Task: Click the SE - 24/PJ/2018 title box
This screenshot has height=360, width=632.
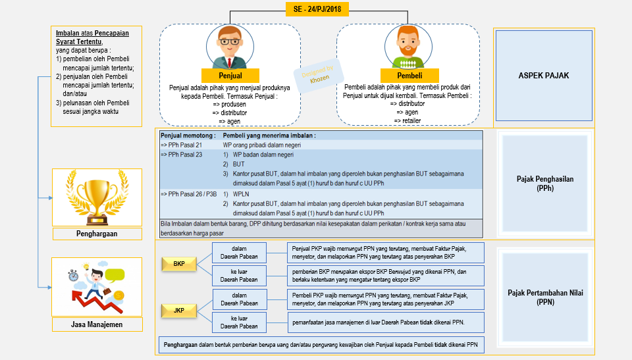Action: pos(318,9)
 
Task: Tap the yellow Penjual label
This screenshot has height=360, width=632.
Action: pos(230,76)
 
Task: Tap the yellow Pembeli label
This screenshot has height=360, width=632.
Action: pos(408,76)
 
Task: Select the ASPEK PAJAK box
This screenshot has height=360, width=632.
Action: pos(543,76)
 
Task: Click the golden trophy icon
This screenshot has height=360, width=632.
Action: pos(97,197)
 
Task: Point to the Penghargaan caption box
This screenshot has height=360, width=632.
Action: pos(97,234)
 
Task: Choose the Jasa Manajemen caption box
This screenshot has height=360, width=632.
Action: pos(97,324)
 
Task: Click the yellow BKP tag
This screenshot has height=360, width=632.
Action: pos(178,264)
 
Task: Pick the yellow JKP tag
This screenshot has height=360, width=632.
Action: pos(178,309)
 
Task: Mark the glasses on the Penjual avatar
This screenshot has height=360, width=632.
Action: pos(230,41)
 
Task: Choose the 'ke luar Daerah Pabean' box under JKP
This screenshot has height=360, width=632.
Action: pos(239,322)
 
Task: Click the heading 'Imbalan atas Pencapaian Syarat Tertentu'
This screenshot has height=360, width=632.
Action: pos(92,37)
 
